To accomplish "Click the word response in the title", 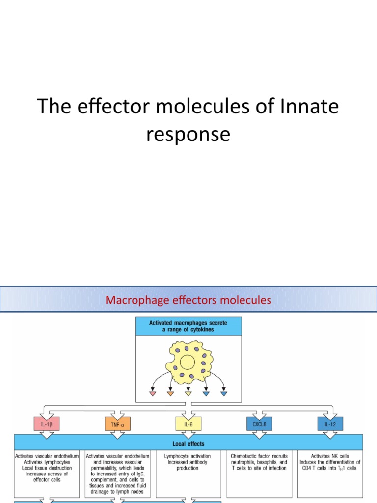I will pyautogui.click(x=188, y=134).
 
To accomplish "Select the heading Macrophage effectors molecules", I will pyautogui.click(x=188, y=299).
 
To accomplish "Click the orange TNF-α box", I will pyautogui.click(x=118, y=423).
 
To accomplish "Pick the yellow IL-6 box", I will pyautogui.click(x=188, y=423).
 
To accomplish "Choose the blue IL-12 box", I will pyautogui.click(x=330, y=423).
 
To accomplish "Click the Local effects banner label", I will pyautogui.click(x=188, y=444).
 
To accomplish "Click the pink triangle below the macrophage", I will pyautogui.click(x=153, y=394).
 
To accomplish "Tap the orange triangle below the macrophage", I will pyautogui.click(x=170, y=394).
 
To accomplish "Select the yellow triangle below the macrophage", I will pyautogui.click(x=188, y=394).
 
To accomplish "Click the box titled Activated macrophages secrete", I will pyautogui.click(x=188, y=326).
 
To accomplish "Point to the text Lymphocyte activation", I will pyautogui.click(x=188, y=456).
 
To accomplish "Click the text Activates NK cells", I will pyautogui.click(x=330, y=456).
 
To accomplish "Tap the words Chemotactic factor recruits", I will pyautogui.click(x=259, y=456).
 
